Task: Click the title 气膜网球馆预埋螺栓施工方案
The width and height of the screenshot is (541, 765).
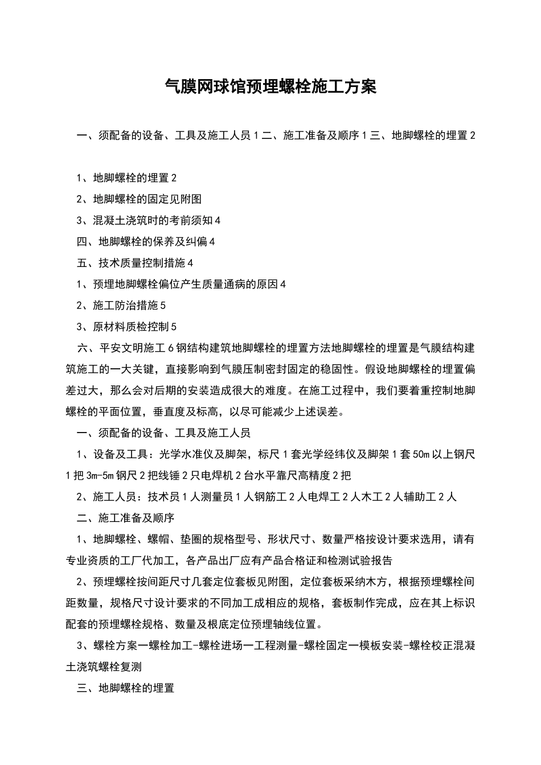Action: click(270, 87)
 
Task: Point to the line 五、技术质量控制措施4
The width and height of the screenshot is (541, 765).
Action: click(135, 263)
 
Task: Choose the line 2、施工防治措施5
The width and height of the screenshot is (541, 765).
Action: click(121, 306)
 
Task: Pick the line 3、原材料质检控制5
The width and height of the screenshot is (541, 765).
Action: click(126, 327)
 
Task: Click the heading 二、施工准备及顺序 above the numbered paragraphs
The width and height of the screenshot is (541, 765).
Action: click(125, 519)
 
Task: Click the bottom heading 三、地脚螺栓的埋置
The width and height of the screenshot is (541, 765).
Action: click(125, 689)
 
